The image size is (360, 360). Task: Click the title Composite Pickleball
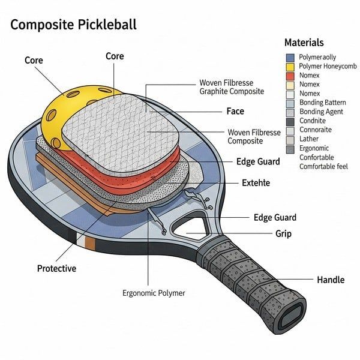point(74,25)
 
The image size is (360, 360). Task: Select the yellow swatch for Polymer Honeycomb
point(290,67)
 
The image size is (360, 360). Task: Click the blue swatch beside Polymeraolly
point(290,58)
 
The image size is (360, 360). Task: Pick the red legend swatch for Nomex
point(290,76)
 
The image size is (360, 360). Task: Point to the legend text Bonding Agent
point(321,112)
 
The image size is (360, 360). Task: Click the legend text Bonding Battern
point(322,103)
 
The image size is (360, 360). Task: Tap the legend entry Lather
point(310,139)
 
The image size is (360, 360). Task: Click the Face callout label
point(235,111)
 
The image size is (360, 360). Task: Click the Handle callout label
point(331,280)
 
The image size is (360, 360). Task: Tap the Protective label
point(56,268)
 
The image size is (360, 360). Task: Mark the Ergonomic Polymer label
point(154,293)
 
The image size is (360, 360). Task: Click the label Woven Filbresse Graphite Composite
point(230,88)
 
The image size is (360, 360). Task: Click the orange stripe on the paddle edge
point(91,243)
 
